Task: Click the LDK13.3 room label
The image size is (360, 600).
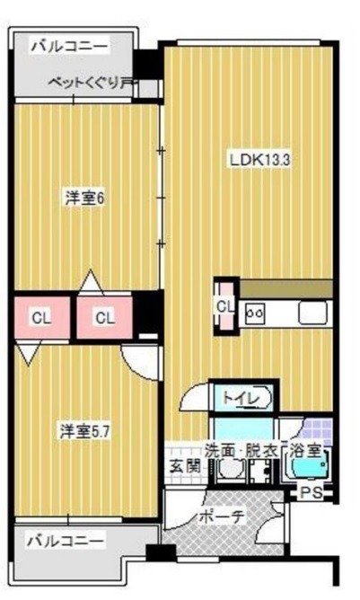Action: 260,160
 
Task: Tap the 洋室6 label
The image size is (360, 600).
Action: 85,199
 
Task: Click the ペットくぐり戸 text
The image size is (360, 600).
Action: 92,83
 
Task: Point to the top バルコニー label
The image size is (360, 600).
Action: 70,47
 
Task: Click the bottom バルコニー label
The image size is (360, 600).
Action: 65,541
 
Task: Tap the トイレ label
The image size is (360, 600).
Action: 241,399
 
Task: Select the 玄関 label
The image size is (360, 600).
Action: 185,466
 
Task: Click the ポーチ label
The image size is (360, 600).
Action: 222,517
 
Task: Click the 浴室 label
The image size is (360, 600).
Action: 305,451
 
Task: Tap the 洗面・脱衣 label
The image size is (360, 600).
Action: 241,451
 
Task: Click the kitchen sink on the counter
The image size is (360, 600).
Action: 312,313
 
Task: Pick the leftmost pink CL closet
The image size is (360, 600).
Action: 42,318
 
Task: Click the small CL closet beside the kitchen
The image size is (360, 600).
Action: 225,306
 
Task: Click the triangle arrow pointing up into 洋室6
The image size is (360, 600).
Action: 91,282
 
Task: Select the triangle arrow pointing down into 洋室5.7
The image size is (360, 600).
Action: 29,354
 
